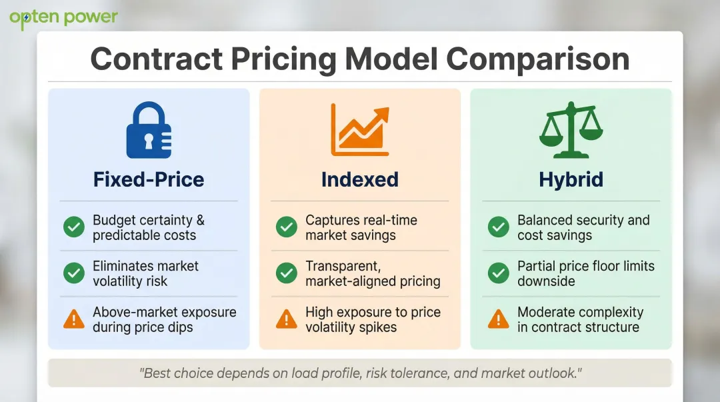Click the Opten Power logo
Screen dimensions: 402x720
click(63, 18)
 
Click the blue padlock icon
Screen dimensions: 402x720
click(149, 131)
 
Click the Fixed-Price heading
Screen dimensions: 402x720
click(149, 179)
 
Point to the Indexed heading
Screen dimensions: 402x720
click(360, 179)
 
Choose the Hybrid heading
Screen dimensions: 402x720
click(571, 179)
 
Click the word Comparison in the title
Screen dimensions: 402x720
click(538, 59)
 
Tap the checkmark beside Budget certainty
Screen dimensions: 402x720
click(74, 227)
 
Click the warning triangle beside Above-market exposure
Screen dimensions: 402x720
click(74, 319)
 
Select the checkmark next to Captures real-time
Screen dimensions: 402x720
click(287, 227)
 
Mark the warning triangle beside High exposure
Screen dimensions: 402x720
click(287, 319)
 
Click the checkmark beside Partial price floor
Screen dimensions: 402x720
click(498, 273)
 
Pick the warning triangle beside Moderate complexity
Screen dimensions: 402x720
click(498, 319)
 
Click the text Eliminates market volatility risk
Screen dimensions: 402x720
click(145, 273)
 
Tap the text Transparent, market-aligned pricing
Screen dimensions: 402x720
click(373, 273)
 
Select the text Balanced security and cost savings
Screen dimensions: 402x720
click(583, 227)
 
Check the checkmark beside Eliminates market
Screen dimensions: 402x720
click(74, 273)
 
